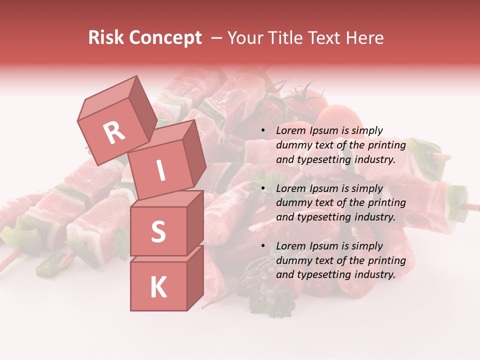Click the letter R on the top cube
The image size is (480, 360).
coord(114,132)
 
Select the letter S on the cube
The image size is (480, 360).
coord(158,232)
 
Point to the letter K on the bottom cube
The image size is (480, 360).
coord(158,287)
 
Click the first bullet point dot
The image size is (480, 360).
coord(263,131)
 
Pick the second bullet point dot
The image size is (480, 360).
coord(263,189)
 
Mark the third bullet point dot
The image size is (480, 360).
coord(263,246)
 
